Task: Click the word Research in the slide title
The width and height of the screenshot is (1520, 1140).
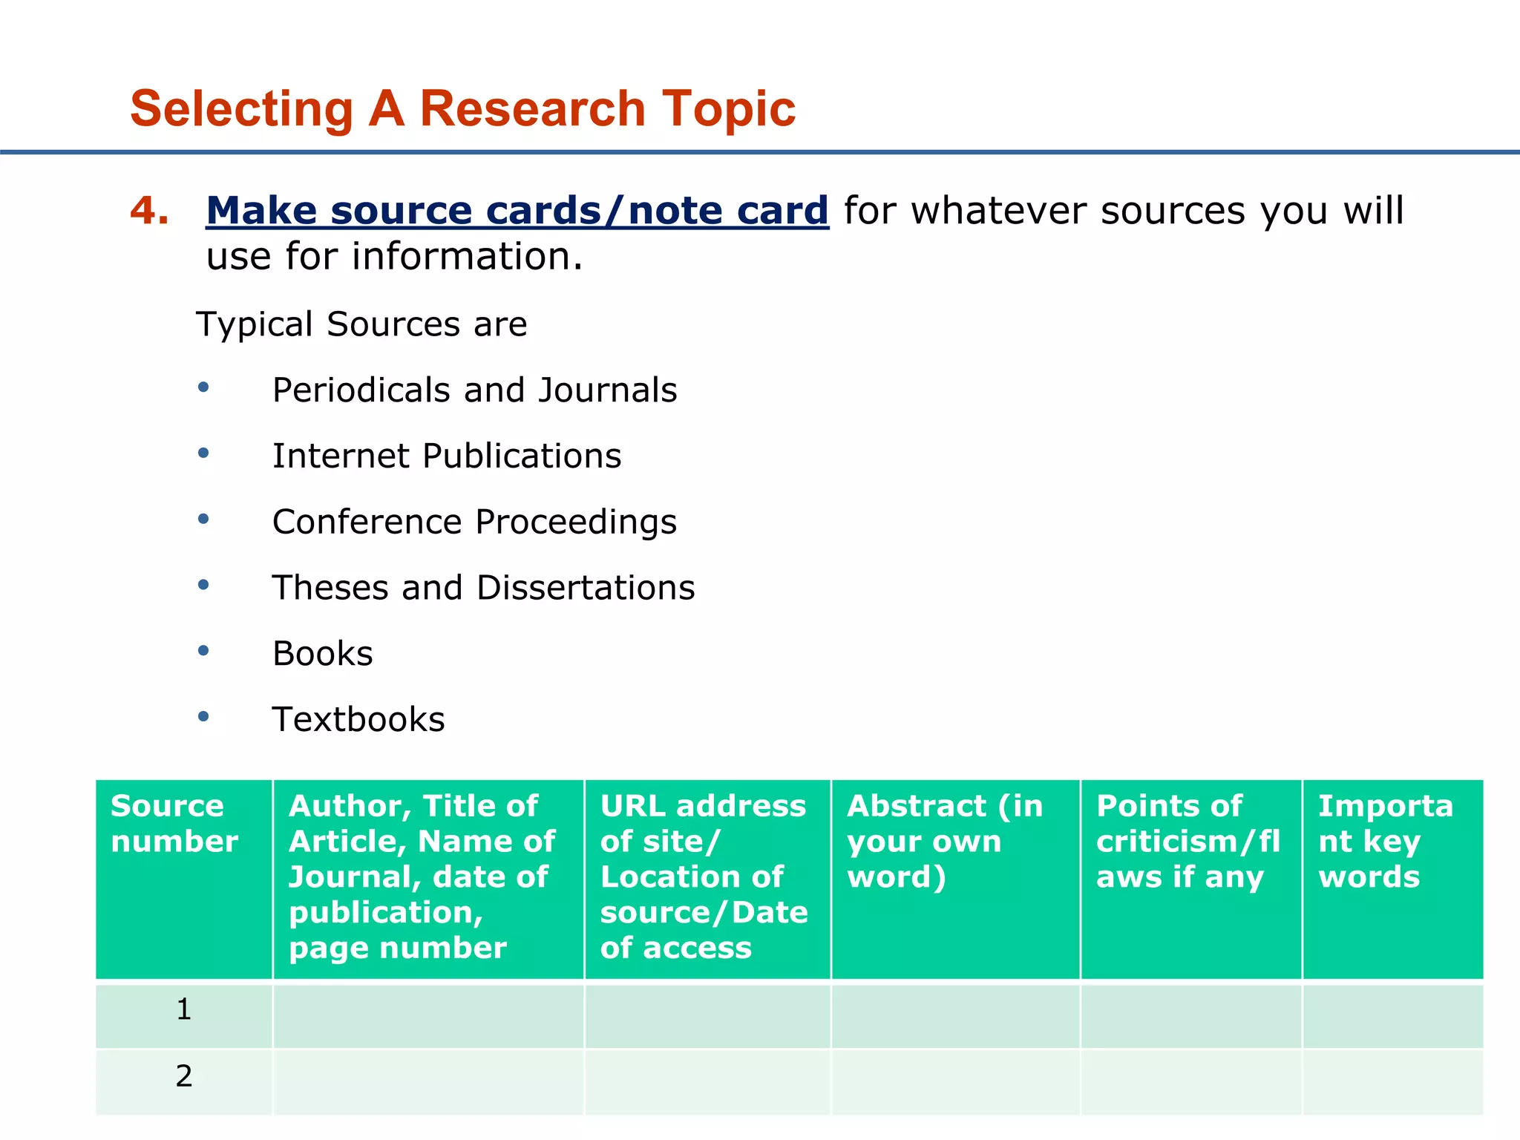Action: pos(532,109)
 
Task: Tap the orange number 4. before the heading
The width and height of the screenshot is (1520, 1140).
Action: pos(148,211)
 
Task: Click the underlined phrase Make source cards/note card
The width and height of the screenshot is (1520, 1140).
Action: pos(517,211)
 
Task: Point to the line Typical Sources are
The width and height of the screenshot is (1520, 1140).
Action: pos(361,324)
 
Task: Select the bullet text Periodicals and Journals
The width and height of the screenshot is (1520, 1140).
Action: pos(474,390)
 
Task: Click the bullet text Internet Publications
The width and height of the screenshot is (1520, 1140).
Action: pos(446,456)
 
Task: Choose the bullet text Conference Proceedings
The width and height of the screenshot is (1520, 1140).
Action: pos(474,522)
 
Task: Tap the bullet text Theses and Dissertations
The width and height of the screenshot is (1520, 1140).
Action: pos(483,588)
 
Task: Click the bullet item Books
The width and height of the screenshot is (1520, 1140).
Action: pos(322,654)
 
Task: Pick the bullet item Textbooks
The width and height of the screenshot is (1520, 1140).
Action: pos(358,720)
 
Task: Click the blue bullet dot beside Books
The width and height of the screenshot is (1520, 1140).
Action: pos(203,651)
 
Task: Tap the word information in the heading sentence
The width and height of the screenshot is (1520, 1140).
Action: pos(467,257)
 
